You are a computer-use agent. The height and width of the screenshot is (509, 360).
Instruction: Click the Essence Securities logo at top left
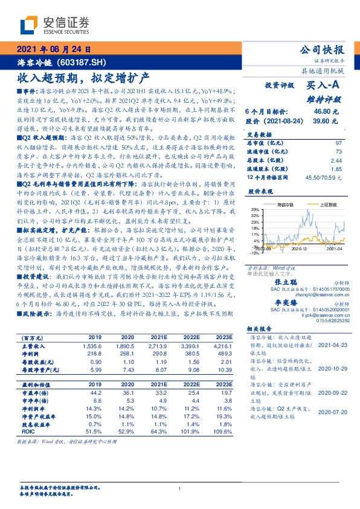[x=54, y=25]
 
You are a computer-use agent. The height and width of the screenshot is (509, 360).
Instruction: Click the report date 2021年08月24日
[x=53, y=50]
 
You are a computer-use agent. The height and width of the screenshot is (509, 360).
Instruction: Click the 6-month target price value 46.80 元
[x=325, y=112]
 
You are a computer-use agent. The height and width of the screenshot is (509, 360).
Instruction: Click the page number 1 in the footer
[x=180, y=489]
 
